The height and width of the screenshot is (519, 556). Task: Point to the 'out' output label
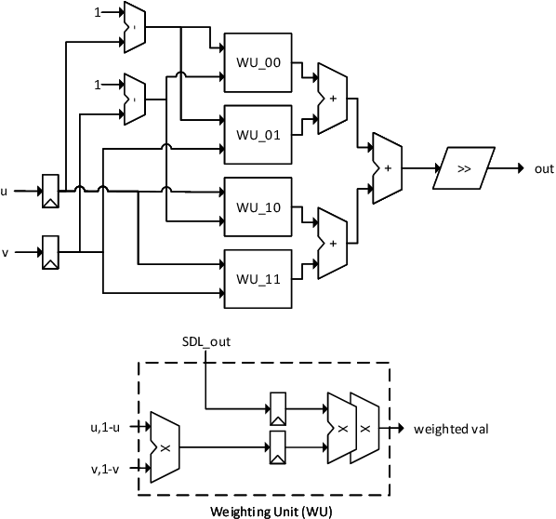(x=544, y=168)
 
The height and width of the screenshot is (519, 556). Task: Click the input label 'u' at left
(x=5, y=193)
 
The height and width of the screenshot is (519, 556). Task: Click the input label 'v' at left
(x=5, y=251)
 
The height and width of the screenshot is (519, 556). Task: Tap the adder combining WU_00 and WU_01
(x=331, y=96)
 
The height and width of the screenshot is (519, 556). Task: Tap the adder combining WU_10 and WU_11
(x=331, y=241)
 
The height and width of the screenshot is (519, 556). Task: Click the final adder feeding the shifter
(x=386, y=168)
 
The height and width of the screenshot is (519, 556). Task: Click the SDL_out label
(x=205, y=341)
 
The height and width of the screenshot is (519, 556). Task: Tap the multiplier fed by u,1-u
(x=164, y=446)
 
